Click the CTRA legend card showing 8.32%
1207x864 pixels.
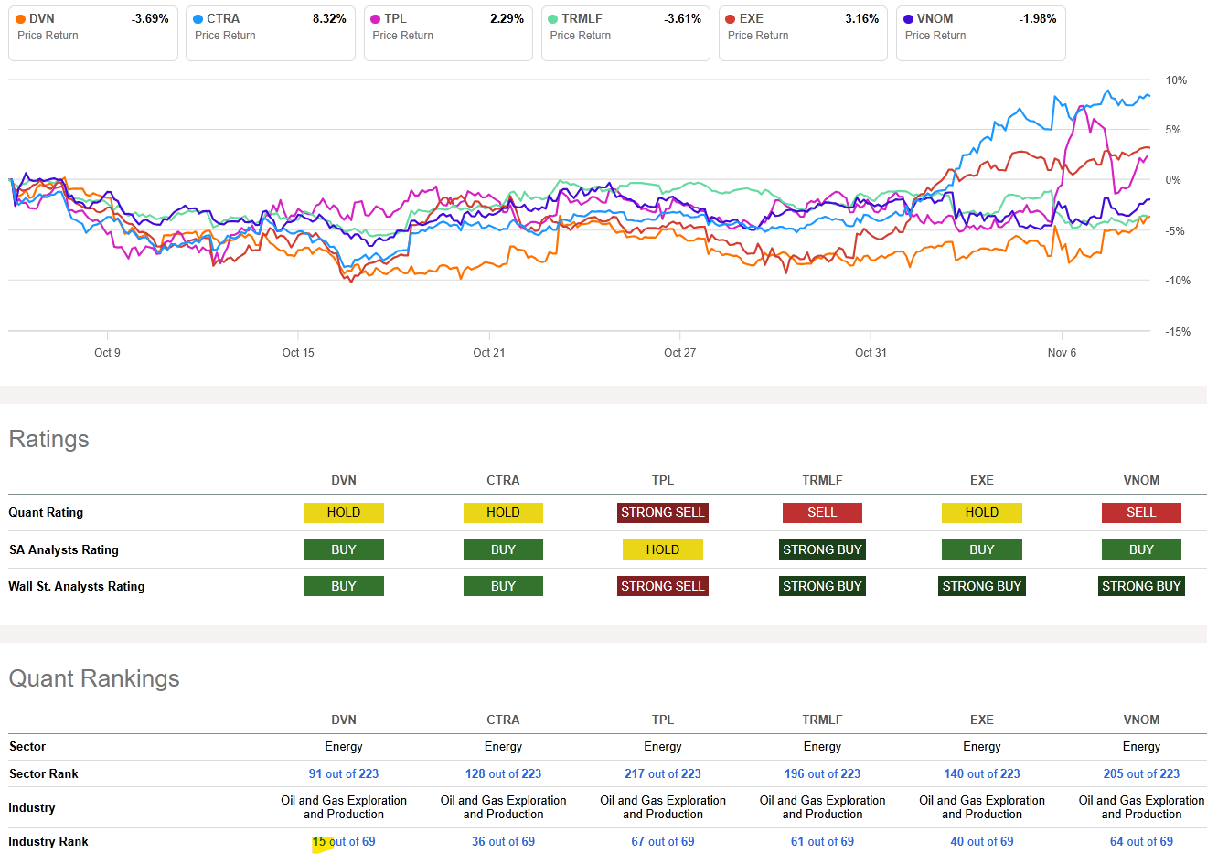pyautogui.click(x=270, y=33)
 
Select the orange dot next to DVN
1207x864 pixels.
pyautogui.click(x=21, y=19)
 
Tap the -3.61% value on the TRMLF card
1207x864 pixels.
pyautogui.click(x=682, y=19)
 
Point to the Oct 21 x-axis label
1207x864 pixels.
pyautogui.click(x=488, y=353)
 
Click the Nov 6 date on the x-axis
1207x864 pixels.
pyautogui.click(x=1062, y=353)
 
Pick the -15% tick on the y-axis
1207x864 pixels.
pyautogui.click(x=1178, y=332)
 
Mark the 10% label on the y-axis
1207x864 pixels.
pyautogui.click(x=1176, y=80)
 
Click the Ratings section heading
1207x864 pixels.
pyautogui.click(x=48, y=440)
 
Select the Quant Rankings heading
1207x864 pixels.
pyautogui.click(x=93, y=679)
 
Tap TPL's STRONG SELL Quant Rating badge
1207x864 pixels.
pyautogui.click(x=662, y=513)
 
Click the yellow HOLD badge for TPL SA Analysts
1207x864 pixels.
pyautogui.click(x=662, y=549)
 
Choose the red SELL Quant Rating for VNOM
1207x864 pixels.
pyautogui.click(x=1140, y=513)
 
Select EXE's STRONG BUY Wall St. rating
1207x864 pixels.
pyautogui.click(x=981, y=586)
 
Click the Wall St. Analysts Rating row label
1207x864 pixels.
pyautogui.click(x=77, y=586)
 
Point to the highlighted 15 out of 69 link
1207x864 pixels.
pyautogui.click(x=344, y=842)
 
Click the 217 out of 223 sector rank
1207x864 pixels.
pyautogui.click(x=662, y=773)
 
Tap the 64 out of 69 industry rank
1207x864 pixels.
pyautogui.click(x=1140, y=842)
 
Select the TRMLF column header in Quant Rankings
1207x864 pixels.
pyautogui.click(x=822, y=720)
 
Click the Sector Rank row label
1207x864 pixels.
pyautogui.click(x=44, y=773)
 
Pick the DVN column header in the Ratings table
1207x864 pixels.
pyautogui.click(x=344, y=480)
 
